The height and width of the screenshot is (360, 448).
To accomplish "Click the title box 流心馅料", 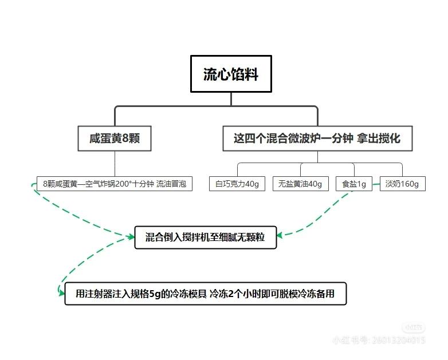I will click(231, 74).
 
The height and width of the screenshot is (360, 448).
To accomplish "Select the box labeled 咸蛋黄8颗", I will click(115, 139).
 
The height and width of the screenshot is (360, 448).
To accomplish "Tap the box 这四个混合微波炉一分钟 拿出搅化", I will click(317, 139).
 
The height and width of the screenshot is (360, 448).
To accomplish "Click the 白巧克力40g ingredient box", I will click(237, 184).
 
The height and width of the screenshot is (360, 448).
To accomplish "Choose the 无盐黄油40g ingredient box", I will click(300, 184).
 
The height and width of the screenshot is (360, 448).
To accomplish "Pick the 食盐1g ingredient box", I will click(353, 184).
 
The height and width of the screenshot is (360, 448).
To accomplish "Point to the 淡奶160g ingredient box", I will click(402, 184).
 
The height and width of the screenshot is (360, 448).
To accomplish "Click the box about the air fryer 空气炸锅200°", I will click(115, 184).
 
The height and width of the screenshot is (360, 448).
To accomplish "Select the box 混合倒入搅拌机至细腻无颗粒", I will click(205, 237).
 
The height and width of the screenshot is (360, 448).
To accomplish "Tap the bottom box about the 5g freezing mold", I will click(205, 295).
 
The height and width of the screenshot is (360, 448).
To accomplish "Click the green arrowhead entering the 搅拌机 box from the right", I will click(281, 234).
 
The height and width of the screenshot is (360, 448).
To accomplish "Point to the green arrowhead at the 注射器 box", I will click(61, 293).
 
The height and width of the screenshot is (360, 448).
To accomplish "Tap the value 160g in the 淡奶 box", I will click(410, 184).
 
